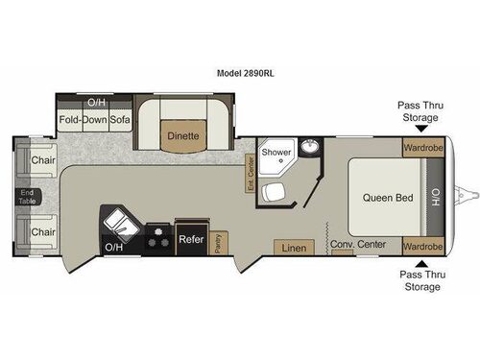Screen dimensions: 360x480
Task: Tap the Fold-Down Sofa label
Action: [x=94, y=120]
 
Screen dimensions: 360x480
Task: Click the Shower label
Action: [x=277, y=152]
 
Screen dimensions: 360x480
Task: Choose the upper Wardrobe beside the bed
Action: [x=421, y=149]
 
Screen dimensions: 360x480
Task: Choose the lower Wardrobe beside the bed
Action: [x=421, y=246]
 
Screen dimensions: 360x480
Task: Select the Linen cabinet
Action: [x=294, y=248]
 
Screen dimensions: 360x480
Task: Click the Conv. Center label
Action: [x=358, y=245]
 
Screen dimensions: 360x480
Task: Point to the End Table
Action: [x=26, y=197]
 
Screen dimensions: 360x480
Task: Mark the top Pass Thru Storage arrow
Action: [x=420, y=118]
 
